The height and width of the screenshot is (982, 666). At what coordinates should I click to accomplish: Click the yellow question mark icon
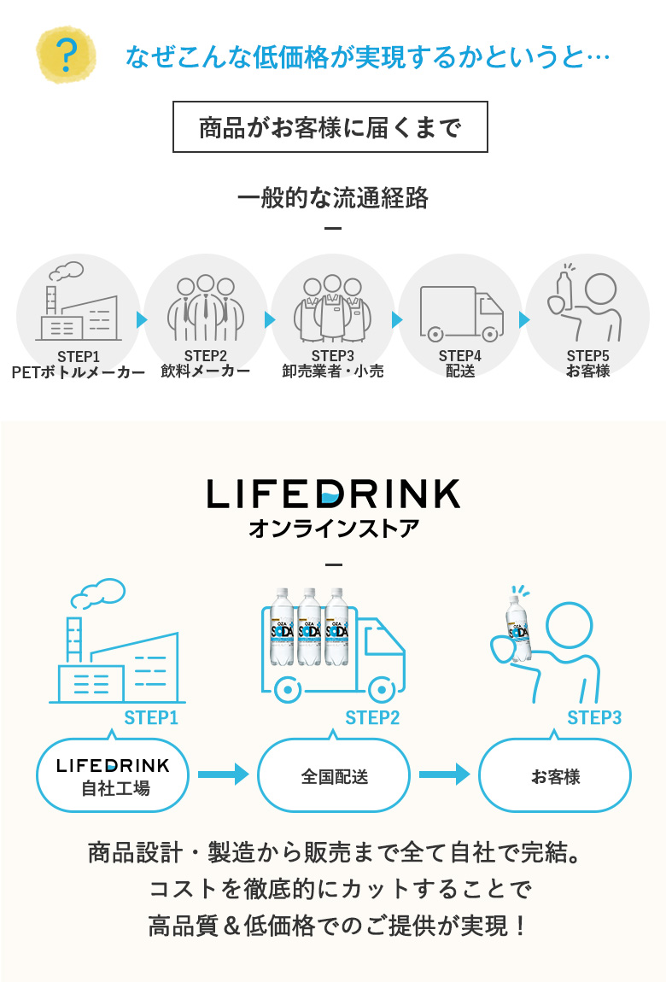66,56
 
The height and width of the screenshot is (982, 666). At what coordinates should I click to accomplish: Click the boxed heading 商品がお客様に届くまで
330,127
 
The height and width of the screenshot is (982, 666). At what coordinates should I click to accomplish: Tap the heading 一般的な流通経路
332,198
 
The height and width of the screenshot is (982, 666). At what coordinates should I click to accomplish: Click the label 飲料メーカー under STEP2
205,371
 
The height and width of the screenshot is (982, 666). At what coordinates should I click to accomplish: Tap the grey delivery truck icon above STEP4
460,313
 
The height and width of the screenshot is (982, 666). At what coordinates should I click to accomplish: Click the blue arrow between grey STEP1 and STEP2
142,320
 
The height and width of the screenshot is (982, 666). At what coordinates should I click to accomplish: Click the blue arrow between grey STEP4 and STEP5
524,320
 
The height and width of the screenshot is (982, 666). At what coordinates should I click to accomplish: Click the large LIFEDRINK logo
333,494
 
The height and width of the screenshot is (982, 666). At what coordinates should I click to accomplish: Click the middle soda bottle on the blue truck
310,628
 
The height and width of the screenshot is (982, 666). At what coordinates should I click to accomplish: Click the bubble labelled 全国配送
334,776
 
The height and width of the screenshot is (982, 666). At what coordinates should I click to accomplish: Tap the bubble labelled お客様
555,776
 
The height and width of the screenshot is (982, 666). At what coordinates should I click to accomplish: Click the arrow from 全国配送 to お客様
444,774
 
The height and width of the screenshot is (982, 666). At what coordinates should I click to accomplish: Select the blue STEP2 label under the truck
372,718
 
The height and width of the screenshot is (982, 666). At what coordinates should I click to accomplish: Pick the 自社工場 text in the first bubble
115,788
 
